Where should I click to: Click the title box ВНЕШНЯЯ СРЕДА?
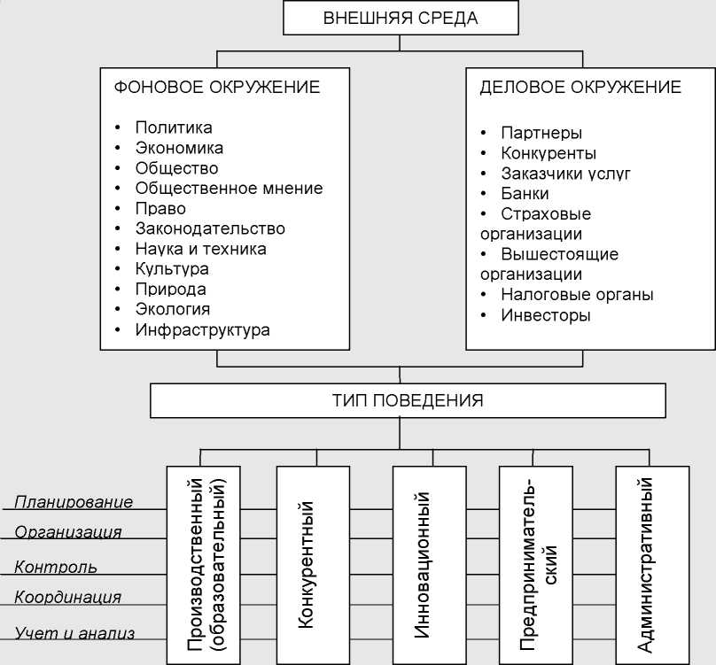coord(401,19)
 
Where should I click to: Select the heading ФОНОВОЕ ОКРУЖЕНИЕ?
coord(217,88)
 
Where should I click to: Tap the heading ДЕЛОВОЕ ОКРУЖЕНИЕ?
coord(580,88)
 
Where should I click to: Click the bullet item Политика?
coord(174,128)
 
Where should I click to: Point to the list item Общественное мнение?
coord(229,189)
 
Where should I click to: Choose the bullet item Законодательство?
coord(210,228)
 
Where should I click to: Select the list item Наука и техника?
coord(200,249)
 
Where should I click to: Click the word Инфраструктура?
coord(202,330)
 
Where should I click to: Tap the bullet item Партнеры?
coord(541,134)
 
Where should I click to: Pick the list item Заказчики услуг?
coord(565,174)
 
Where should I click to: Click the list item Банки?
coord(525,194)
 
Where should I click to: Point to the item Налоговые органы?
coord(577,295)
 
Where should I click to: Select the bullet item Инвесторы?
coord(545,315)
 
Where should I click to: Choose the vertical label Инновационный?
coord(424,564)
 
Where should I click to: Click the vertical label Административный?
coord(646,564)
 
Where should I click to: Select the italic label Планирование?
coord(74,502)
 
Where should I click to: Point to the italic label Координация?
coord(67,598)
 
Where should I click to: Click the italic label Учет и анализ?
coord(74,632)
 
